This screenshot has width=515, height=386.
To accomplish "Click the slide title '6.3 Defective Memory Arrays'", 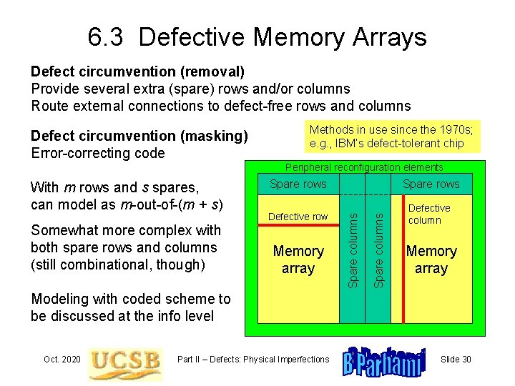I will pyautogui.click(x=257, y=36).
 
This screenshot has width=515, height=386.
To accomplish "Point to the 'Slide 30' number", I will pyautogui.click(x=456, y=359).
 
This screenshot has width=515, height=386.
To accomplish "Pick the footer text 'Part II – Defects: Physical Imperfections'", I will pyautogui.click(x=253, y=359).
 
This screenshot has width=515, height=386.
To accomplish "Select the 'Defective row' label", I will pyautogui.click(x=298, y=217).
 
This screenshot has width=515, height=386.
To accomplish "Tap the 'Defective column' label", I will pyautogui.click(x=428, y=214).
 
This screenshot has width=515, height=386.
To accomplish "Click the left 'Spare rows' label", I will pyautogui.click(x=298, y=184).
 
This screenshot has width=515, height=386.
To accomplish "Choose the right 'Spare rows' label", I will pyautogui.click(x=431, y=184).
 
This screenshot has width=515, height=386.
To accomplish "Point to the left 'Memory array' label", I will pyautogui.click(x=298, y=259).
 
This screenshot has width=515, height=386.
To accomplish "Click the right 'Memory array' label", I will pyautogui.click(x=431, y=259).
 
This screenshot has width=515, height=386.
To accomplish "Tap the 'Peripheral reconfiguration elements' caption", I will pyautogui.click(x=364, y=167).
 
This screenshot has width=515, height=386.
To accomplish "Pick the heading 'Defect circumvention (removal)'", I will pyautogui.click(x=137, y=71).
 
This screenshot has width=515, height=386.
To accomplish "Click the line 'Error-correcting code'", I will pyautogui.click(x=98, y=153).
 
